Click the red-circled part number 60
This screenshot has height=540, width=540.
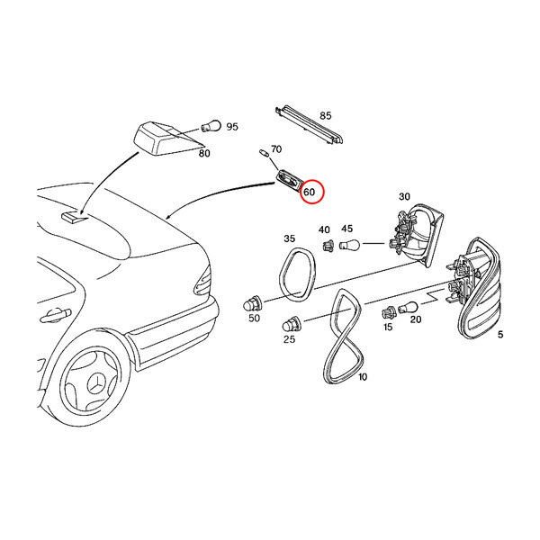[x=310, y=192]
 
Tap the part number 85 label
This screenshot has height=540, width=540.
[x=326, y=115]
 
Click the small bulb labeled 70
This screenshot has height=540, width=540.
[x=264, y=153]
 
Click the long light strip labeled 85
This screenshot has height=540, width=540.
[x=310, y=126]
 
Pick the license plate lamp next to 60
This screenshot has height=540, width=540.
[x=289, y=181]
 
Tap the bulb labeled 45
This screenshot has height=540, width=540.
[x=349, y=245]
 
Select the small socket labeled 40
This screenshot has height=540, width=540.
[x=328, y=246]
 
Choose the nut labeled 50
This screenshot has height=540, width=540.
[x=253, y=304]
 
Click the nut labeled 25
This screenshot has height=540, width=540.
[x=292, y=324]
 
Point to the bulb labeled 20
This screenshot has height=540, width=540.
[x=409, y=307]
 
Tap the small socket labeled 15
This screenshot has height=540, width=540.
[x=389, y=313]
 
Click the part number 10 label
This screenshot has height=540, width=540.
[x=363, y=377]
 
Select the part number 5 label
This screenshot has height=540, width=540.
[x=500, y=334]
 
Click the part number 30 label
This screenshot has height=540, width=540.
[x=404, y=196]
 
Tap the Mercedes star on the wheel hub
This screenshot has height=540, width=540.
[x=97, y=383]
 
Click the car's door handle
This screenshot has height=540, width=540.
[x=55, y=315]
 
